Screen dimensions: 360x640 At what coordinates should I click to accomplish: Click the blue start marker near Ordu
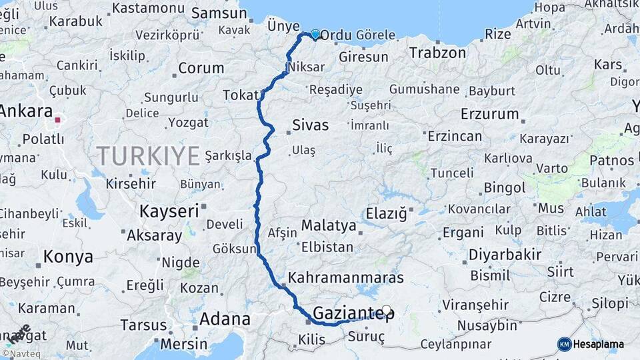[315, 34]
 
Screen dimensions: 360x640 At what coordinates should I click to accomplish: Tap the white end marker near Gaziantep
[386, 310]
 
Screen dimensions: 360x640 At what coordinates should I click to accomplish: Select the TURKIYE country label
[148, 156]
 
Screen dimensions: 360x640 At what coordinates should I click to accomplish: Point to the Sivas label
[310, 125]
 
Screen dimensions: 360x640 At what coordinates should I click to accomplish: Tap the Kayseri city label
[169, 211]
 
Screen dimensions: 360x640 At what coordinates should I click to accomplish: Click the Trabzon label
[437, 53]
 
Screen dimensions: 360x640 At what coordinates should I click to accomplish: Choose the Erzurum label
[489, 113]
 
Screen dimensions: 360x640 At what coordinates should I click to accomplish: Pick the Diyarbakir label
[505, 254]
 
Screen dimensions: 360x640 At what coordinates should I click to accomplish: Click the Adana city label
[225, 319]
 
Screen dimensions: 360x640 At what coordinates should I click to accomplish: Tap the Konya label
[68, 256]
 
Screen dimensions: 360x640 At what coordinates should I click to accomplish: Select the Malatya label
[329, 225]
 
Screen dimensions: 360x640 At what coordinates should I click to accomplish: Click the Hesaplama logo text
[599, 344]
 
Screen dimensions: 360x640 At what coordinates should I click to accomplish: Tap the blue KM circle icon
[564, 344]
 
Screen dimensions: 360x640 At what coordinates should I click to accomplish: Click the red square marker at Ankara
[58, 121]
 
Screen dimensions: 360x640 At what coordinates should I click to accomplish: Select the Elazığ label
[386, 213]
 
